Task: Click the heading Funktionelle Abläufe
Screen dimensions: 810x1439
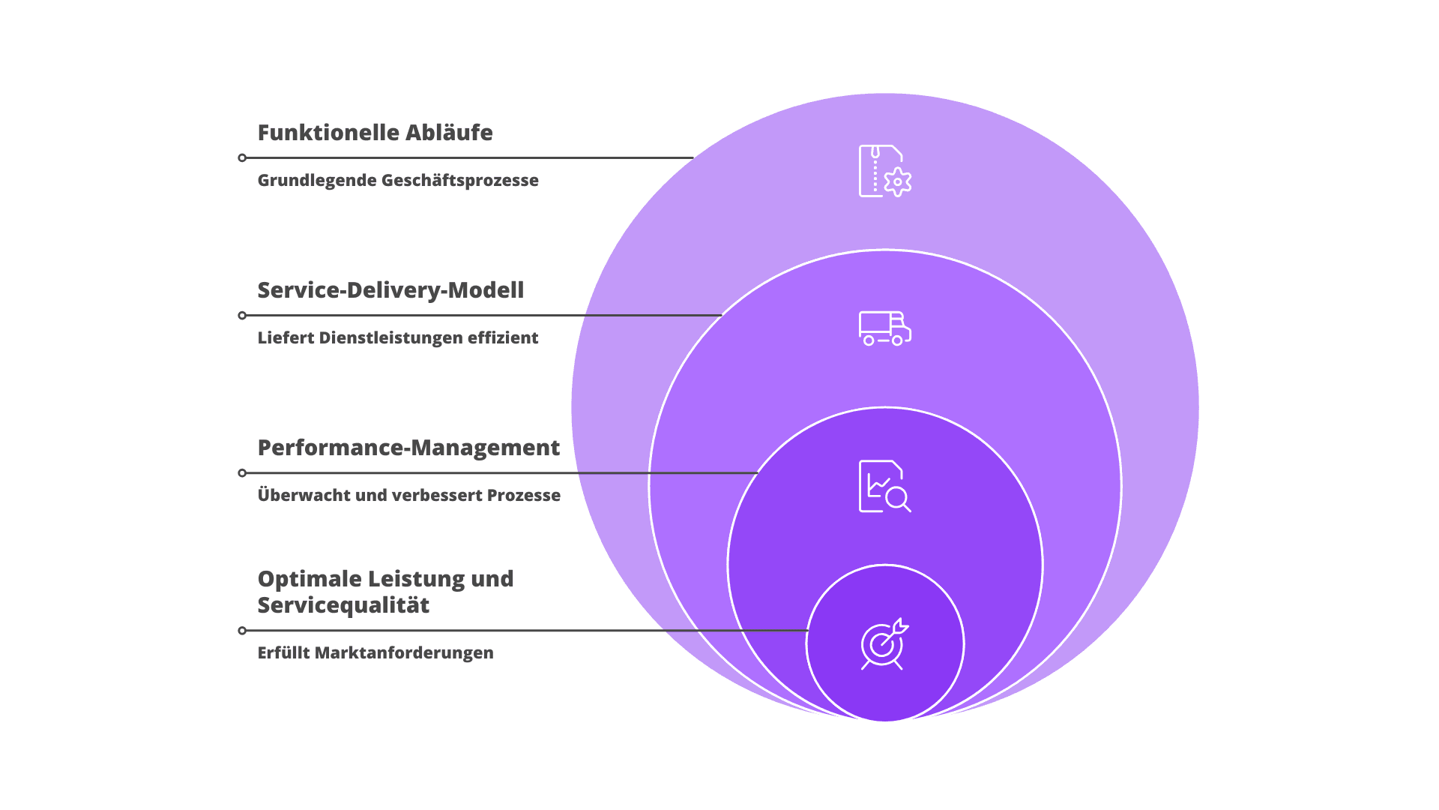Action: pyautogui.click(x=375, y=133)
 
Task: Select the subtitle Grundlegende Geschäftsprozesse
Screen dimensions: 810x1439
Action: pyautogui.click(x=397, y=181)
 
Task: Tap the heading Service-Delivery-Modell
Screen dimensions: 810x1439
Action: pyautogui.click(x=390, y=290)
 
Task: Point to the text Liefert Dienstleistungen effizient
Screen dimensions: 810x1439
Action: pyautogui.click(x=397, y=338)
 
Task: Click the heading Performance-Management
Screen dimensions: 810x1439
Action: pyautogui.click(x=408, y=448)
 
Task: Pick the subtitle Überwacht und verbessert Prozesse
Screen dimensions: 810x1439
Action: pyautogui.click(x=408, y=496)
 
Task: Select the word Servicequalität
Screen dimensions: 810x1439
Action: pyautogui.click(x=343, y=605)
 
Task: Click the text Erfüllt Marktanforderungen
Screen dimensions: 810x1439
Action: pyautogui.click(x=375, y=653)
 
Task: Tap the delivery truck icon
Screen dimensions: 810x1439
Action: pyautogui.click(x=884, y=328)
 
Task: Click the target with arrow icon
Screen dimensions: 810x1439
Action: pyautogui.click(x=884, y=643)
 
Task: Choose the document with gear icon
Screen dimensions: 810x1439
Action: pyautogui.click(x=884, y=171)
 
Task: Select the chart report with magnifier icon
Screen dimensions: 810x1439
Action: pyautogui.click(x=884, y=486)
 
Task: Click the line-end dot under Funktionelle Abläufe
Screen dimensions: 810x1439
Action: pyautogui.click(x=242, y=157)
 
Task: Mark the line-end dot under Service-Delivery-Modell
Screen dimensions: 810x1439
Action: pyautogui.click(x=242, y=316)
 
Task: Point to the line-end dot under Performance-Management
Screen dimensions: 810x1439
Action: pyautogui.click(x=242, y=473)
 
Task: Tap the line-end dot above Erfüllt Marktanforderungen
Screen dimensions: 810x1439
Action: pyautogui.click(x=242, y=631)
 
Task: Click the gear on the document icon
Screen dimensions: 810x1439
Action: pyautogui.click(x=897, y=181)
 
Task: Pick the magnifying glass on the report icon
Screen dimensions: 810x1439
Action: pyautogui.click(x=897, y=498)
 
